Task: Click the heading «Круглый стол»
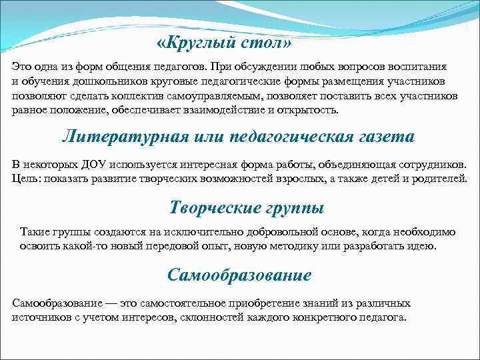point(224,43)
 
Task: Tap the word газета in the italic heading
point(379,137)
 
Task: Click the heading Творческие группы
point(247,207)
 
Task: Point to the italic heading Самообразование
point(239,275)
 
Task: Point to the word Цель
point(26,179)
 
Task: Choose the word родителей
point(436,179)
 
